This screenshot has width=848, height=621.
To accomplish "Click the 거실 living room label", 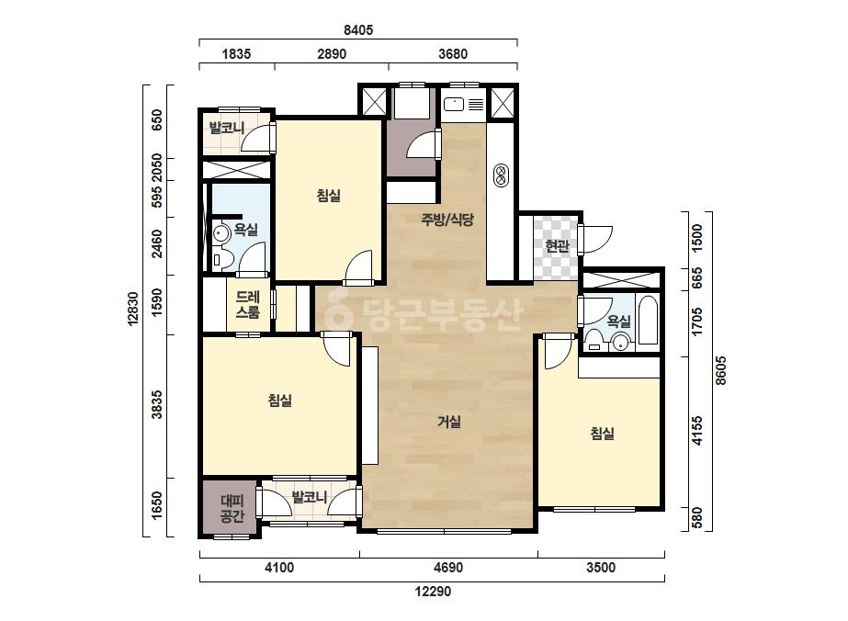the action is pyautogui.click(x=449, y=422).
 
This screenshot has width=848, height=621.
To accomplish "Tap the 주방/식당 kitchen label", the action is pyautogui.click(x=447, y=220).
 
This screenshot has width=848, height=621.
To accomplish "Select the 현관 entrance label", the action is pyautogui.click(x=557, y=246).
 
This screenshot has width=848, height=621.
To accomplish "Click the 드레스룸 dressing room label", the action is pyautogui.click(x=248, y=305).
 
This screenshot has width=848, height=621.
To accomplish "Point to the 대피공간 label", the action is pyautogui.click(x=232, y=509).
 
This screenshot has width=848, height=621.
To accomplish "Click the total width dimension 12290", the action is pyautogui.click(x=433, y=592).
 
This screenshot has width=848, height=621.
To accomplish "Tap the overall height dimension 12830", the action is pyautogui.click(x=133, y=309).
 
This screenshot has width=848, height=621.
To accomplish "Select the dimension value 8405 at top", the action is pyautogui.click(x=358, y=30).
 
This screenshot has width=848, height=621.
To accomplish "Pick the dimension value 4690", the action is pyautogui.click(x=448, y=568).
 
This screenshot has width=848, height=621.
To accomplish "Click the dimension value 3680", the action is pyautogui.click(x=453, y=54).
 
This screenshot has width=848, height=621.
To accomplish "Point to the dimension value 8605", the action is pyautogui.click(x=721, y=370).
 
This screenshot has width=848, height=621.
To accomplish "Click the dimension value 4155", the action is pyautogui.click(x=697, y=431).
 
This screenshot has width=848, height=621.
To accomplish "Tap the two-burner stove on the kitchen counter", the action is pyautogui.click(x=501, y=175).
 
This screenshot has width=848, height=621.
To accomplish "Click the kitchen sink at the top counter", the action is pyautogui.click(x=454, y=104).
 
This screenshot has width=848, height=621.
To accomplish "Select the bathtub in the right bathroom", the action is pyautogui.click(x=648, y=320).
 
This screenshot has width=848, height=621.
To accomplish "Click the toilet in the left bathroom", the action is pyautogui.click(x=221, y=260).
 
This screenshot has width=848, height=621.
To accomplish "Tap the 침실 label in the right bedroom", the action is pyautogui.click(x=602, y=434).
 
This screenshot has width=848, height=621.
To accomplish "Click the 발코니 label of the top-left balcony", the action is pyautogui.click(x=227, y=129).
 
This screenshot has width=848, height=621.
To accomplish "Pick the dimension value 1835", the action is pyautogui.click(x=236, y=54).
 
